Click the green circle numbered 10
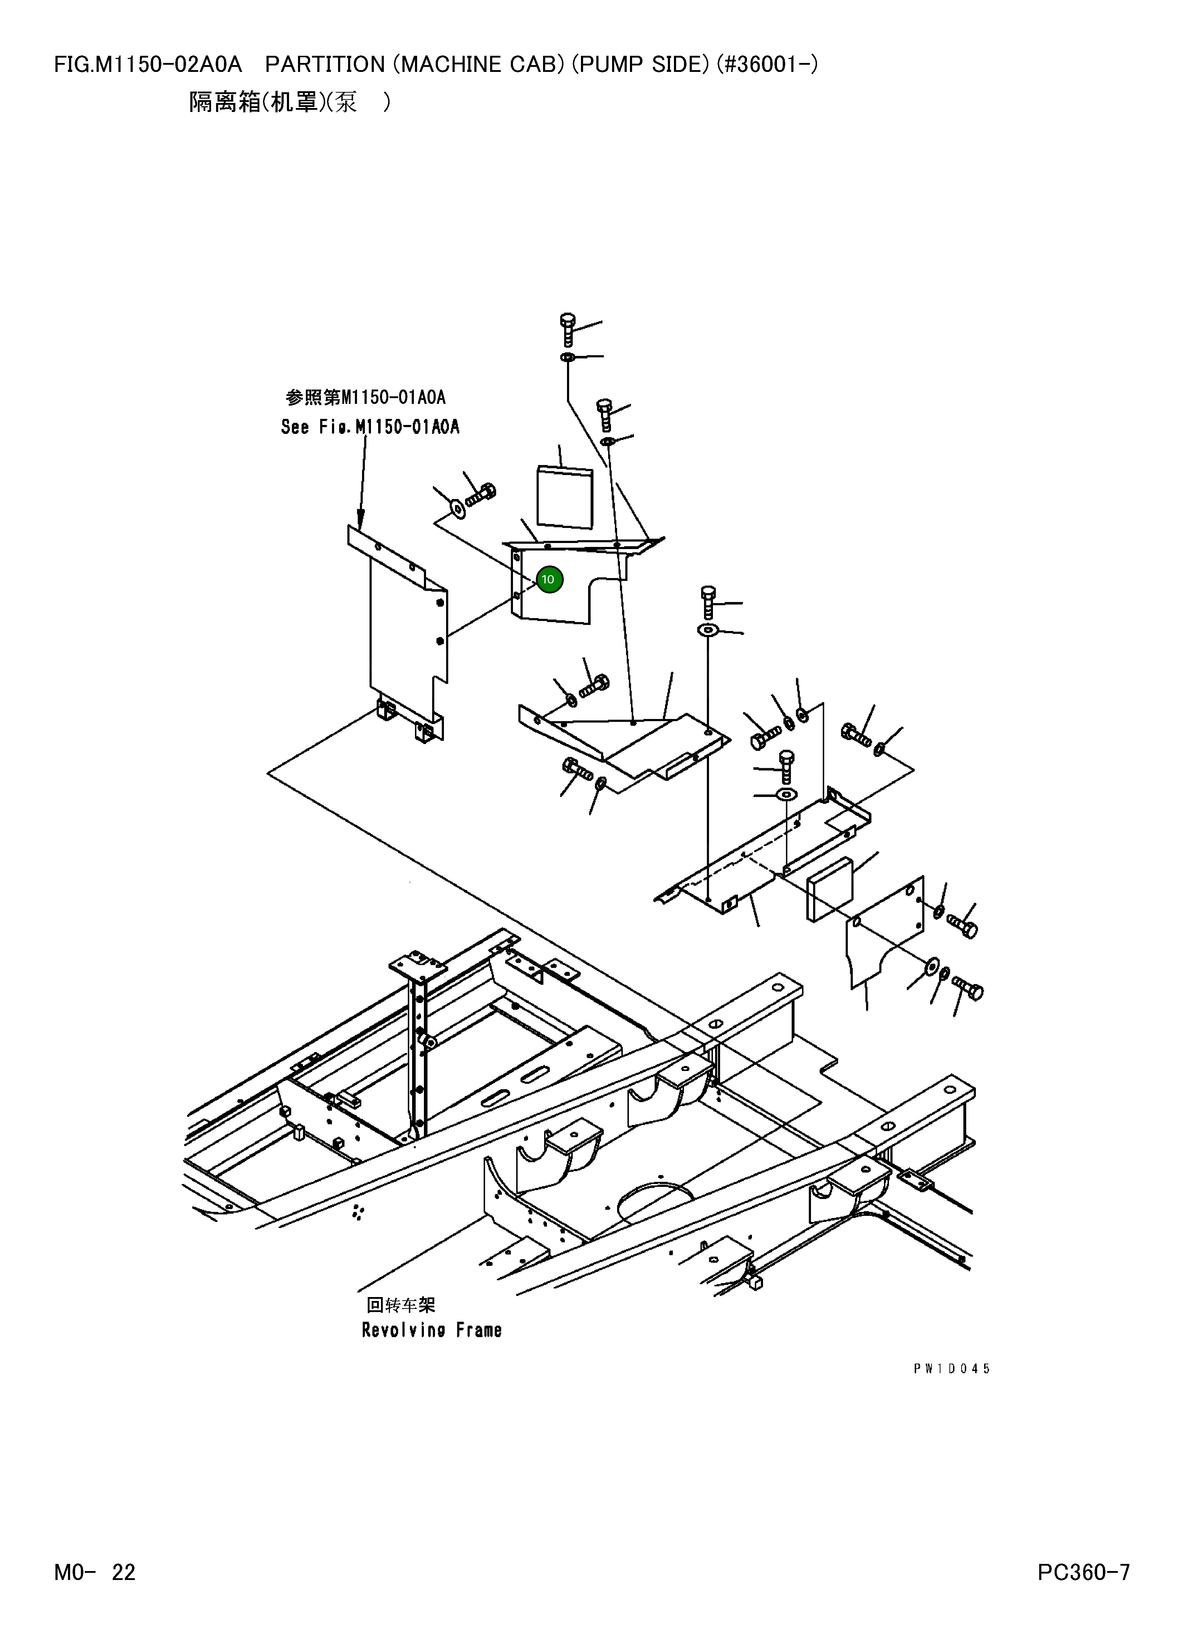tap(550, 579)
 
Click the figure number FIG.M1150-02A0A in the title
tap(148, 65)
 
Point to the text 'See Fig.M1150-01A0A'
tap(370, 427)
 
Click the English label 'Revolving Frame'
tap(431, 1330)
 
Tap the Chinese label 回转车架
tap(401, 1305)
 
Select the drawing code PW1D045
tap(952, 1369)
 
